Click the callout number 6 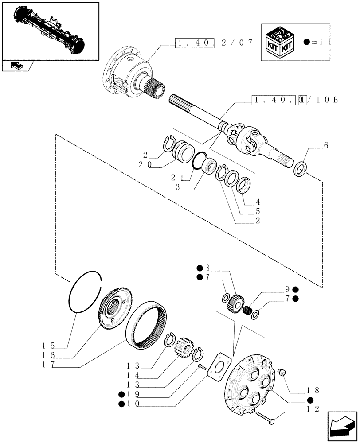pyautogui.click(x=326, y=145)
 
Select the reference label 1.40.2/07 pyautogui.click(x=214, y=43)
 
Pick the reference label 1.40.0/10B pyautogui.click(x=295, y=100)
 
